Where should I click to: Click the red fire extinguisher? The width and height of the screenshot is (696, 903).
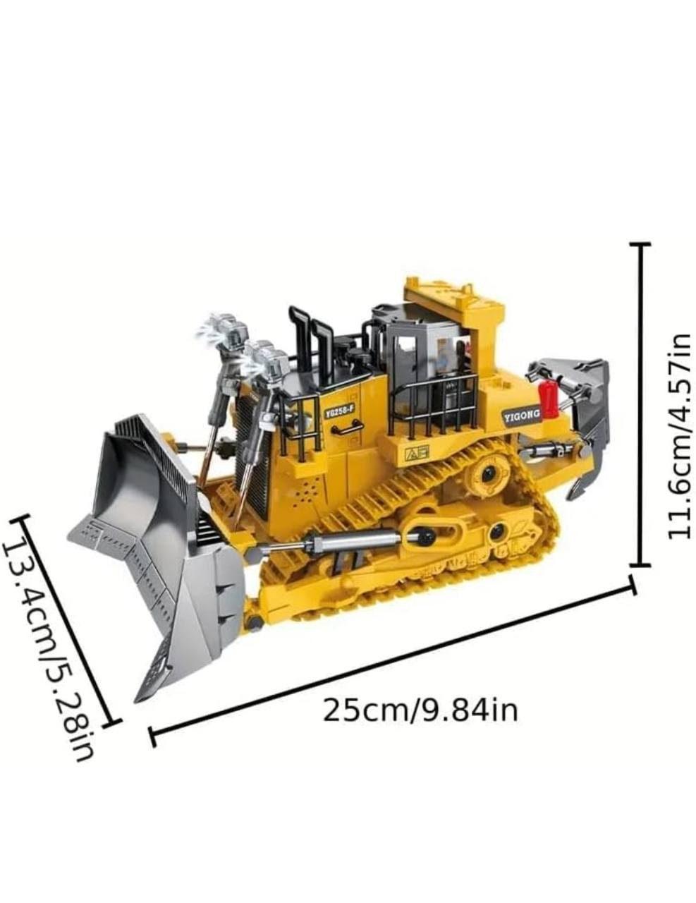click(x=547, y=398)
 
